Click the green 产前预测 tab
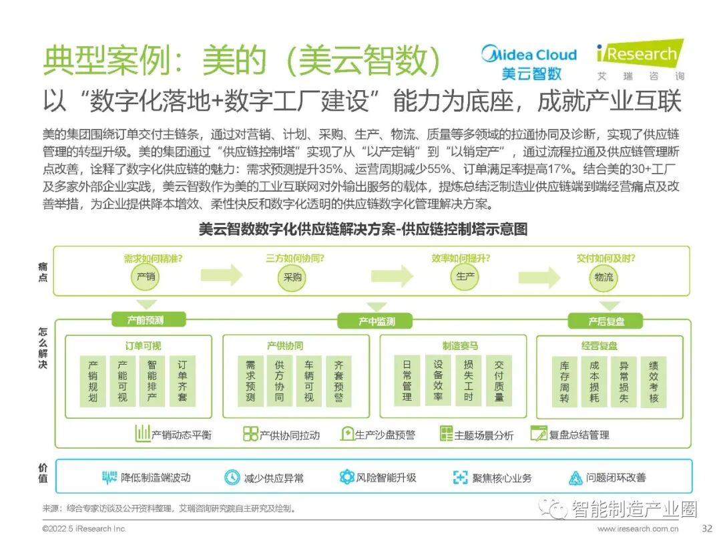(146, 320)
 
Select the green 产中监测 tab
(377, 321)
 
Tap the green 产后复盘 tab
(606, 321)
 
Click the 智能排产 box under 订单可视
(152, 381)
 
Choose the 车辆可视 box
(309, 381)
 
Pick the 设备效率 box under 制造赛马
(438, 381)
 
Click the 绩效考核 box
(654, 381)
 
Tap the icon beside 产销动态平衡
(142, 433)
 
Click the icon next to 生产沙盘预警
(347, 434)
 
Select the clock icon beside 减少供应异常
(232, 478)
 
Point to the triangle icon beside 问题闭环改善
(575, 478)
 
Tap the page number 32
(708, 528)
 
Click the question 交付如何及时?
(606, 258)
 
